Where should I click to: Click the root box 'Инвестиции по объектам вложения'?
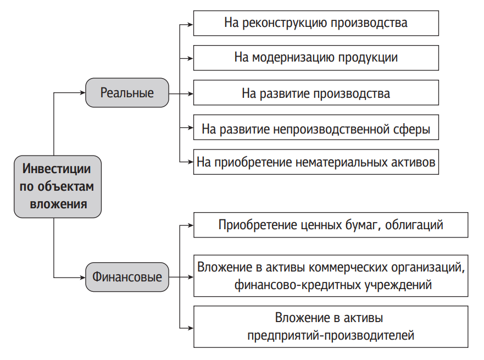click(x=58, y=186)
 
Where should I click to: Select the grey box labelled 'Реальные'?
click(x=127, y=93)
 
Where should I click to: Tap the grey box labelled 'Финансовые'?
click(x=127, y=277)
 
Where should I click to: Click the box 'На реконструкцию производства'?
click(x=316, y=23)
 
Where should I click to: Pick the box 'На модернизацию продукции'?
click(x=316, y=58)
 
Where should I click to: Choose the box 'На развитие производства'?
click(x=316, y=93)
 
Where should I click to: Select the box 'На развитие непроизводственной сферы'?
click(x=316, y=127)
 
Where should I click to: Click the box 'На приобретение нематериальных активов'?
click(x=316, y=162)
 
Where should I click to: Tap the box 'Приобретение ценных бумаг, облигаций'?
click(x=331, y=225)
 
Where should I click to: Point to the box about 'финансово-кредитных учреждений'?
click(x=331, y=276)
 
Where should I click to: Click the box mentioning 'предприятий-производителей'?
click(x=331, y=326)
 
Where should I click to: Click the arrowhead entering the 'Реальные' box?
click(x=83, y=93)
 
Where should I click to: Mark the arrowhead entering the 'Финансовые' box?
click(x=83, y=277)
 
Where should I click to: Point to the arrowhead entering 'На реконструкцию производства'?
click(x=191, y=24)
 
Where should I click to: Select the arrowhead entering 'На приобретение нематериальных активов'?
click(x=191, y=162)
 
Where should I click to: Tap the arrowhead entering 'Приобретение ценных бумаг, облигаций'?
click(x=191, y=225)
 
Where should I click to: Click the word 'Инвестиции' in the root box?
click(x=57, y=169)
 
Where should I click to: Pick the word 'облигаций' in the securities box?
click(x=414, y=225)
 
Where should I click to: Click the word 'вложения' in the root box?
click(x=58, y=204)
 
